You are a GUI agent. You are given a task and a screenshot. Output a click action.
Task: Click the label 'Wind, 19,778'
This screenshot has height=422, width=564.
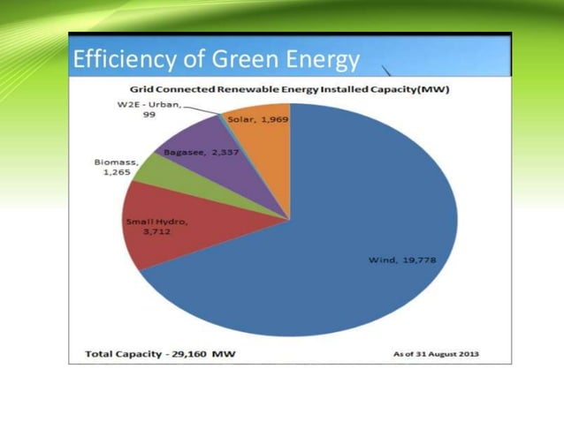(401, 260)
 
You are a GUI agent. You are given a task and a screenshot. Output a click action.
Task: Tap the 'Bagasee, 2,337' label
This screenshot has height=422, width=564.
(201, 152)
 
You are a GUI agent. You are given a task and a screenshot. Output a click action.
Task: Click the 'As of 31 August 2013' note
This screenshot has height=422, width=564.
(438, 354)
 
